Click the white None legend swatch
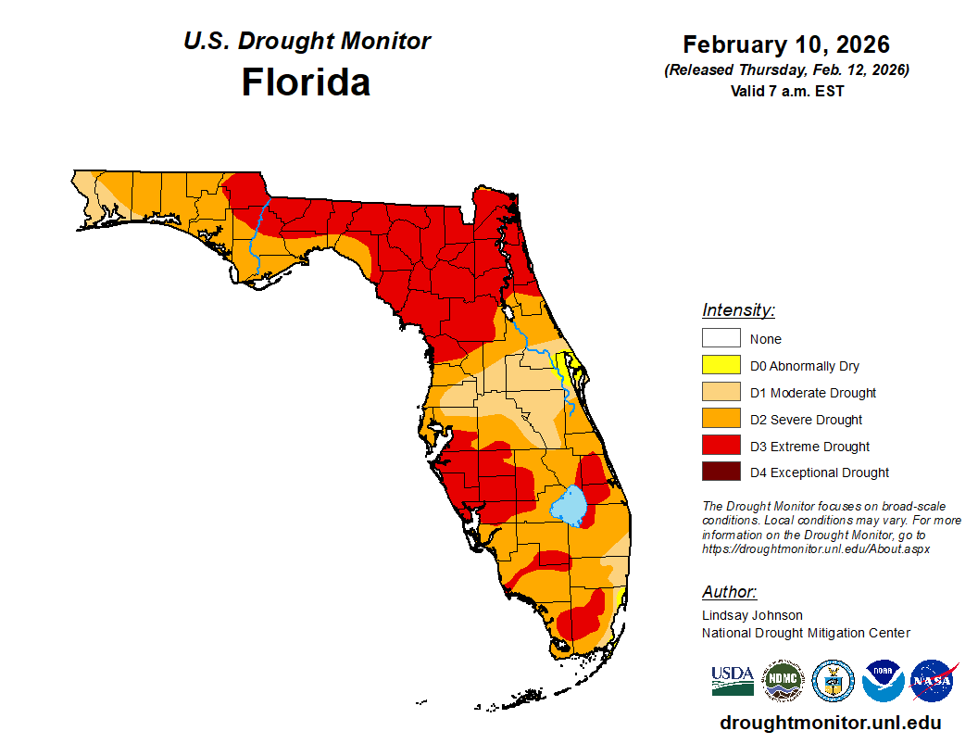(721, 339)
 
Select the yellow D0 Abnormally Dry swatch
(721, 366)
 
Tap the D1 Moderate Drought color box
(721, 393)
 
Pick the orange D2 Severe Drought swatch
(721, 420)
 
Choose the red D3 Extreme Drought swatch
(721, 447)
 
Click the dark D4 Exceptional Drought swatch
(721, 472)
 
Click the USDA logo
(733, 681)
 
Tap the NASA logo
(933, 681)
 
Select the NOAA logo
(883, 681)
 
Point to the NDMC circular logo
(783, 681)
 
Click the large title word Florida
(306, 82)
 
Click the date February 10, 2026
(786, 44)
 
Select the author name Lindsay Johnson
(752, 615)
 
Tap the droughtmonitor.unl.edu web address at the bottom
(830, 723)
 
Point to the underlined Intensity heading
(738, 310)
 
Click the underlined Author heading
(729, 592)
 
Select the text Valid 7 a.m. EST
(786, 91)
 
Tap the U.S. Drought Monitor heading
(307, 42)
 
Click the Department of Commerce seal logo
(833, 681)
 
